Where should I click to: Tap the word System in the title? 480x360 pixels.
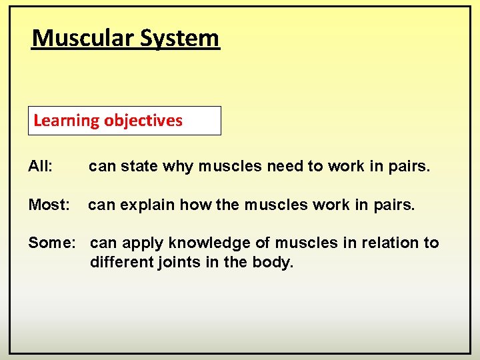179,38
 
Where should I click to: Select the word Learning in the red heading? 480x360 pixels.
66,121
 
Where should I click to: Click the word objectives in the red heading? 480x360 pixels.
143,121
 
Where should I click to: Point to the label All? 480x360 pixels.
41,166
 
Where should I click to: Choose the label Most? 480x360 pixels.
49,205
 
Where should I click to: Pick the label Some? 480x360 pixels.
52,243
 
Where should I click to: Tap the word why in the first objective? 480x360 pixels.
178,167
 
